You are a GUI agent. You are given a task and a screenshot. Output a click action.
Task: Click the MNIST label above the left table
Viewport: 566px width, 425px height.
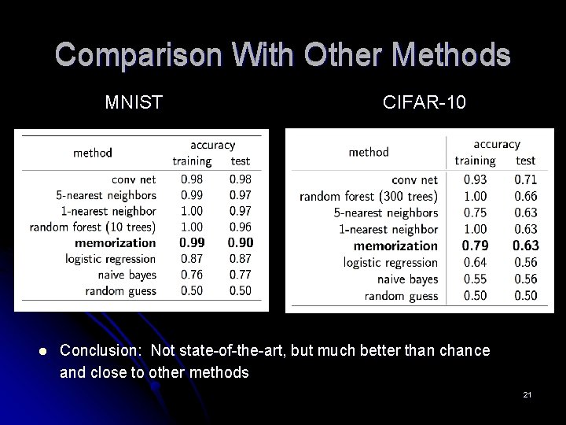134,102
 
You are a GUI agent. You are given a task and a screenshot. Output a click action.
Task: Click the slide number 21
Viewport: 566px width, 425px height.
527,394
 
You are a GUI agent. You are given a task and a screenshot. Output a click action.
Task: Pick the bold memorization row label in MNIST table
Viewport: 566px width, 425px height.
116,243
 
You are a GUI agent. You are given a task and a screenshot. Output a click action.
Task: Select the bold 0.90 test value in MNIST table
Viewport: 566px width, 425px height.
241,243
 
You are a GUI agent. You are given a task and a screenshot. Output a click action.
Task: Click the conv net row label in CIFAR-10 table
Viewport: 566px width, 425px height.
414,179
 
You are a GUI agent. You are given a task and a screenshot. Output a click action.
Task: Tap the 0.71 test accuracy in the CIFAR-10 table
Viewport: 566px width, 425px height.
526,179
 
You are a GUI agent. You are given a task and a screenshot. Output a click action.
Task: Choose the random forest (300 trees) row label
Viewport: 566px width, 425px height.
369,196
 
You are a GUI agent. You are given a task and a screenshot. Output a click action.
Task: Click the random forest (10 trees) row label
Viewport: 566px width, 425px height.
93,227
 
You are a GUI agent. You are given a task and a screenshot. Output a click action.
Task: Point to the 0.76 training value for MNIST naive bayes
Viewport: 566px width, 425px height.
191,275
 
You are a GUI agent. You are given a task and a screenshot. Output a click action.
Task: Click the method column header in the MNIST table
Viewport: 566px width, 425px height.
93,153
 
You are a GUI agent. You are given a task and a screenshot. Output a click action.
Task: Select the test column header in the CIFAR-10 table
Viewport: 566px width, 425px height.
525,161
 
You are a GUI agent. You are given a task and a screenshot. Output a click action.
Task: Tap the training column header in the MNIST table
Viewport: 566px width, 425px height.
192,161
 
